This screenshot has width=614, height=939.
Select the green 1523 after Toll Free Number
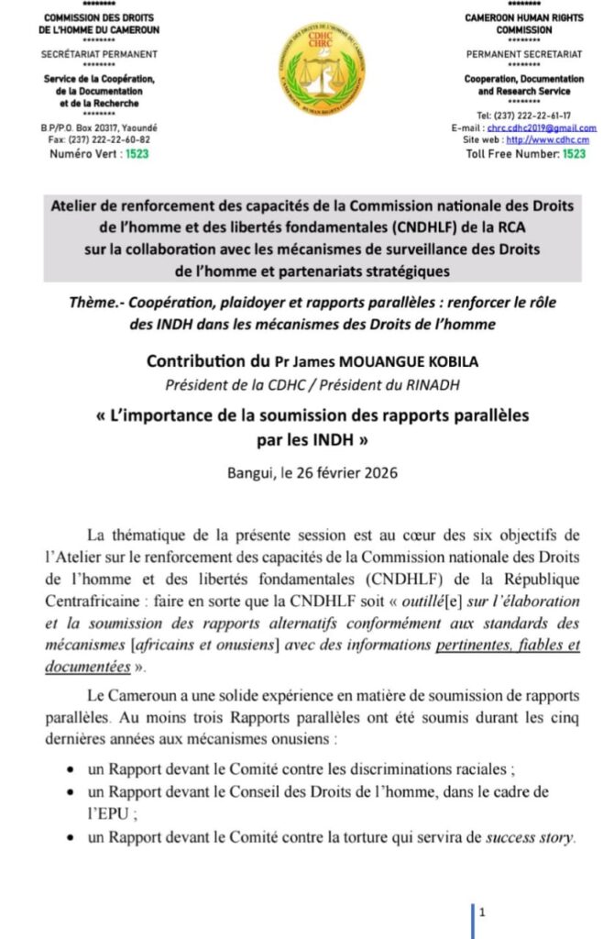(x=574, y=154)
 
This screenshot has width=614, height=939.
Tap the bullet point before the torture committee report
(x=72, y=837)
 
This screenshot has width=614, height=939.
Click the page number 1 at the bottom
(x=481, y=912)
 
